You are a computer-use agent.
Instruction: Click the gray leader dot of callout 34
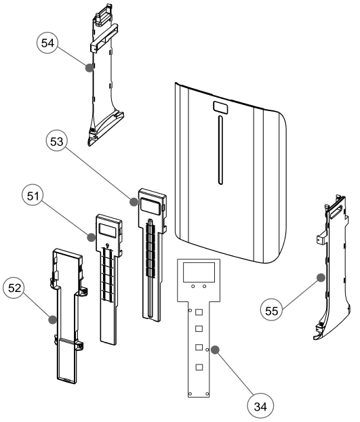tap(214, 350)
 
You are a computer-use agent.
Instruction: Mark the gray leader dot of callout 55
tap(320, 276)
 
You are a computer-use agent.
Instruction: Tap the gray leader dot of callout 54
tap(87, 67)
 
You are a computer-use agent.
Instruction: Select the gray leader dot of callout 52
tap(52, 318)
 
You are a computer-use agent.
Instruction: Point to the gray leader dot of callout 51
tap(90, 236)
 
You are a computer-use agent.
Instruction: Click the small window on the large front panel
tap(220, 107)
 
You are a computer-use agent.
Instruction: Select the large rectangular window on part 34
tap(199, 272)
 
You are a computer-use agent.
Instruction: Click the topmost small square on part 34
tap(199, 312)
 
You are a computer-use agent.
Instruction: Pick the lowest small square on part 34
tap(199, 366)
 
